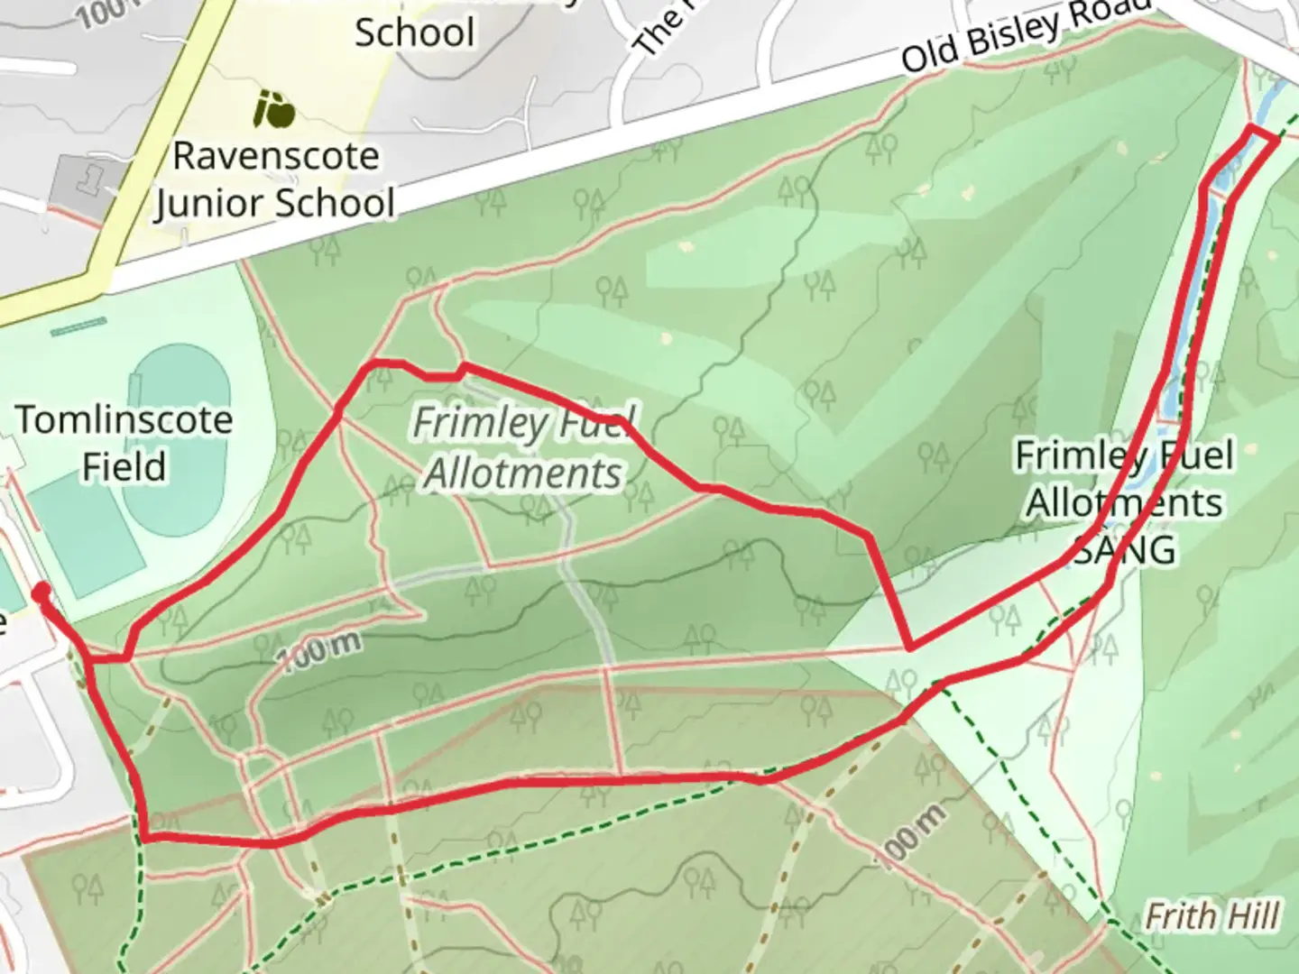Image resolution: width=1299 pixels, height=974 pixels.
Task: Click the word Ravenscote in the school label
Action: [x=275, y=156]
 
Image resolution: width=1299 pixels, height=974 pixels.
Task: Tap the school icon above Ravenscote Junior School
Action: [x=273, y=109]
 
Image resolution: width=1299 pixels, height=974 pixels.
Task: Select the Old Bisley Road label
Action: [x=1027, y=37]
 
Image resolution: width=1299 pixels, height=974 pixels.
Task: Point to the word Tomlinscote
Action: [x=124, y=420]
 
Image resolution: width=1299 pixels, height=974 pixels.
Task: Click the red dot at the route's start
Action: [x=41, y=593]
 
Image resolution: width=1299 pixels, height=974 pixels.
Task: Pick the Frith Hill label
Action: [x=1211, y=917]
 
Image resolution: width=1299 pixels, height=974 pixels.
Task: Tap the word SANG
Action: [x=1126, y=548]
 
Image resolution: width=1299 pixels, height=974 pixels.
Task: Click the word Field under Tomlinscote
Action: [x=124, y=467]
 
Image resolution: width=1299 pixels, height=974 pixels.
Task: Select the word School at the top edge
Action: [x=414, y=33]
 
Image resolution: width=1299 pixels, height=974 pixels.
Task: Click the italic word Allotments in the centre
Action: [x=523, y=473]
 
